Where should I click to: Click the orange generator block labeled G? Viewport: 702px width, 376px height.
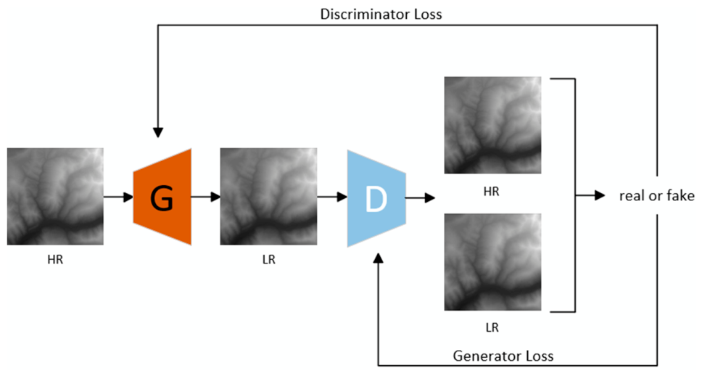162,197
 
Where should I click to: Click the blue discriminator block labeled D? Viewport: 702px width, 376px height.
376,199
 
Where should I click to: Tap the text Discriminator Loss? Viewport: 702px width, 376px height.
381,15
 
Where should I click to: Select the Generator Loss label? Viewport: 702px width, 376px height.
503,356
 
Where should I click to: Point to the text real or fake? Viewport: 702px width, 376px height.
657,196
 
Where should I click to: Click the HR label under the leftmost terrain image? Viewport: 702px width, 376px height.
55,260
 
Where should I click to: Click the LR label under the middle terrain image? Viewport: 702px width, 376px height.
268,260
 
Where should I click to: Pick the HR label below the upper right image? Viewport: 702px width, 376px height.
491,192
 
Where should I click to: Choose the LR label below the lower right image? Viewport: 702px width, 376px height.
492,327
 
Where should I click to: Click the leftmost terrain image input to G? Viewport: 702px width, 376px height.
55,196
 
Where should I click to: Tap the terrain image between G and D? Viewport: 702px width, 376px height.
268,196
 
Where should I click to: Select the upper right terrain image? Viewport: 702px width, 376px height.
492,125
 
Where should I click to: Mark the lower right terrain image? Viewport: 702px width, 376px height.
492,262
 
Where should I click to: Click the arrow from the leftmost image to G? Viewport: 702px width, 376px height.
119,197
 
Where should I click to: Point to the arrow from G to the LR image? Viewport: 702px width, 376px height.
205,197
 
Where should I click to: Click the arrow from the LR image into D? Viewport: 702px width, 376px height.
332,197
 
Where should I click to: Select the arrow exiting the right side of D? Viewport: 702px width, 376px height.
421,197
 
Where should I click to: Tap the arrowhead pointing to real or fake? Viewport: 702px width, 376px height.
600,195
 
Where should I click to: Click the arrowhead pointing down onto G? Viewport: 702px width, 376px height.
158,133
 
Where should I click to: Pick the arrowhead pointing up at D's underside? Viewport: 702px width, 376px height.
379,258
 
